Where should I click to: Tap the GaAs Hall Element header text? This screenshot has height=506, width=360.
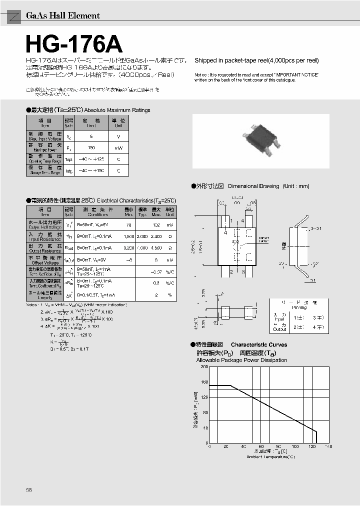62,16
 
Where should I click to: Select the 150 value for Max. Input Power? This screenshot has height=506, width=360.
91,148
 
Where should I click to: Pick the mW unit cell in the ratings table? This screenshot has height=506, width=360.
118,148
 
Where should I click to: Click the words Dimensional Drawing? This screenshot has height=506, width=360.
253,186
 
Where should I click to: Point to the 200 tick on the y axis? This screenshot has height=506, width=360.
204,367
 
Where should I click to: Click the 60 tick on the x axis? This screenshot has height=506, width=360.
261,446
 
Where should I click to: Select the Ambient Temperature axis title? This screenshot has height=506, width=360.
270,456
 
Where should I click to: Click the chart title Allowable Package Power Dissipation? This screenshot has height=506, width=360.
241,360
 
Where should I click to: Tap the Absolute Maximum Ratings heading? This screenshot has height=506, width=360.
117,110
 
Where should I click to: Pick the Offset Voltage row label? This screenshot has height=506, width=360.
45,261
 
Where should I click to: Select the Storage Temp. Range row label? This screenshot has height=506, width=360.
45,173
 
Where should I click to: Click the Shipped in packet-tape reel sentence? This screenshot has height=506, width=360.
256,60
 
